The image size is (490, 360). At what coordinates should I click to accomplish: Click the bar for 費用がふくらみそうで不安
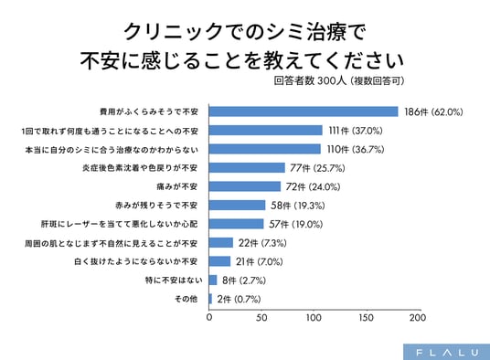tap(304, 111)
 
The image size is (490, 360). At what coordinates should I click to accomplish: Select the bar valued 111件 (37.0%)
tap(266, 130)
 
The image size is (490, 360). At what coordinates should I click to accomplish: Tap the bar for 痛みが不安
tap(245, 186)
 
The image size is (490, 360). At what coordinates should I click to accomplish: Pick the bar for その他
tap(210, 299)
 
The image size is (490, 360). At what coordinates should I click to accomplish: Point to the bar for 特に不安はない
tap(213, 281)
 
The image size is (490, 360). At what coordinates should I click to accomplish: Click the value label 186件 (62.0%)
tap(433, 111)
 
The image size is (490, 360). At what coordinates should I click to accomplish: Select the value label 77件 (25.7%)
tap(317, 168)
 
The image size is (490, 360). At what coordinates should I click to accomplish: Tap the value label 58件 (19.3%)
tap(298, 206)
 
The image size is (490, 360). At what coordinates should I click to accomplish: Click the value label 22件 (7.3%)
tap(262, 243)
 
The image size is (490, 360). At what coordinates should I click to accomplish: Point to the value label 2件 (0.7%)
tap(240, 299)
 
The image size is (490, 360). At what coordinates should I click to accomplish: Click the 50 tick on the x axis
tap(261, 318)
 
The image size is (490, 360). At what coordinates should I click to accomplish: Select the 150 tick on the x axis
tap(366, 318)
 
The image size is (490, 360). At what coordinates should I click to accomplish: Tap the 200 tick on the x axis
tap(418, 318)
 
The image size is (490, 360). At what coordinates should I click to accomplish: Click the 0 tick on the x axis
tap(209, 318)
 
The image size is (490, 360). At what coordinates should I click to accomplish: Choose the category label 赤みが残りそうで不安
tap(156, 206)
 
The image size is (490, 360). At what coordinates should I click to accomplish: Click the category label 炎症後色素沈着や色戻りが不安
tap(140, 168)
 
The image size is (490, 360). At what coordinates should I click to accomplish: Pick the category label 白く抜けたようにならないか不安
tap(136, 261)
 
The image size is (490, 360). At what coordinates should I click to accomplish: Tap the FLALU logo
tap(447, 353)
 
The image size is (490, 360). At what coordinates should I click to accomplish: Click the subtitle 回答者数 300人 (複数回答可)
tap(339, 80)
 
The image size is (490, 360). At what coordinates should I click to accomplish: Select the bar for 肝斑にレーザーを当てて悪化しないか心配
tap(236, 224)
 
